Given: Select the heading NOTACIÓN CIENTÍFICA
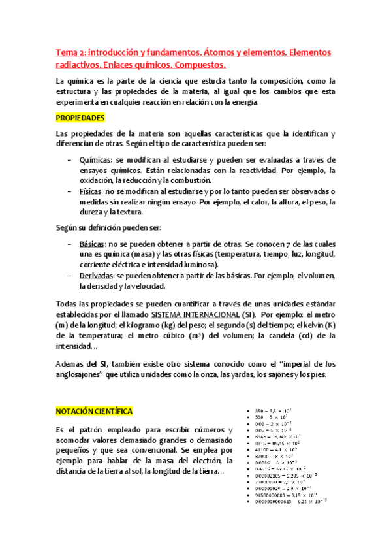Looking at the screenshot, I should [93, 412].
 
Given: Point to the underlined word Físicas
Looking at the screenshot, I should [91, 191].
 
